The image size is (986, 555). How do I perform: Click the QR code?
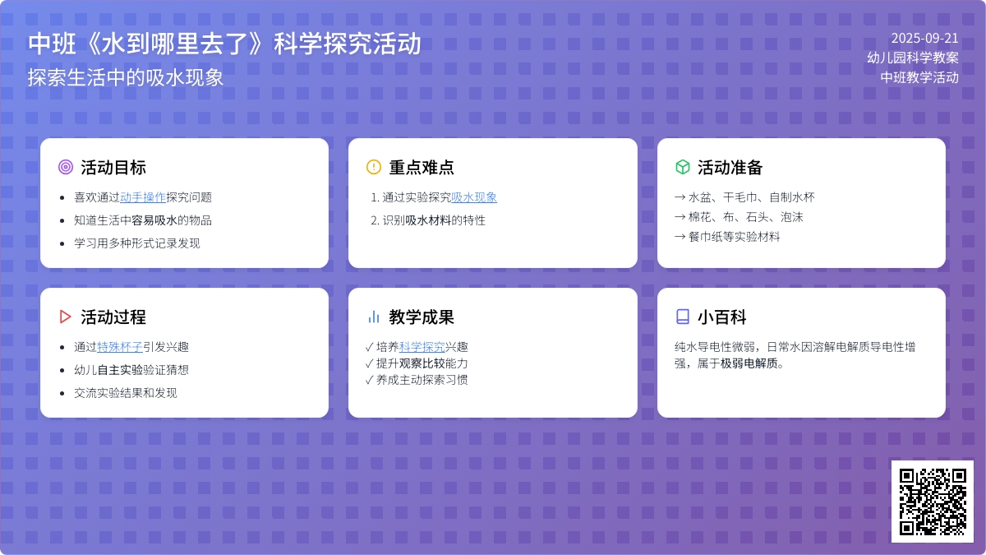click(x=932, y=501)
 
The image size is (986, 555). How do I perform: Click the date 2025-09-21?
click(x=924, y=38)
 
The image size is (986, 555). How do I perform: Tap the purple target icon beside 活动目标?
click(x=66, y=167)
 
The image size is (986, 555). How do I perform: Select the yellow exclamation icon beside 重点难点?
click(x=374, y=167)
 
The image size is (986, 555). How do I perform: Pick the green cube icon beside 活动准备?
click(x=682, y=167)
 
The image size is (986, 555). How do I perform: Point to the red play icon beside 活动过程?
click(x=66, y=317)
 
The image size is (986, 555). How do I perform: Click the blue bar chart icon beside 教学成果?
click(x=374, y=317)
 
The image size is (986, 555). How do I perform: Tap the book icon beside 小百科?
click(x=682, y=317)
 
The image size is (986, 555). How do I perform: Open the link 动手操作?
click(x=143, y=197)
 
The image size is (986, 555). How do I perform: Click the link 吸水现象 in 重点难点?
click(x=474, y=197)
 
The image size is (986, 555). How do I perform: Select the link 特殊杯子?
click(x=120, y=347)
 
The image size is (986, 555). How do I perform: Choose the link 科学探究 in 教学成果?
click(x=422, y=347)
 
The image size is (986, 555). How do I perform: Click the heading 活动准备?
click(x=730, y=168)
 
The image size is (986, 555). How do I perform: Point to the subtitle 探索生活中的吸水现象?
click(x=126, y=77)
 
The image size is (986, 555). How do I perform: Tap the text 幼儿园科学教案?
click(x=913, y=58)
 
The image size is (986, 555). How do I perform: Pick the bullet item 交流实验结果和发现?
click(x=126, y=393)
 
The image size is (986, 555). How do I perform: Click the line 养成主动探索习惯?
click(x=422, y=380)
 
